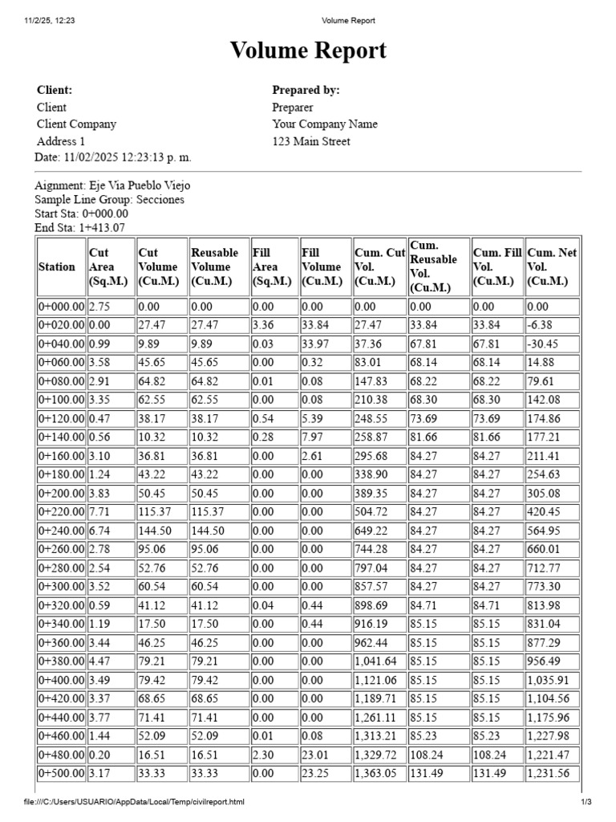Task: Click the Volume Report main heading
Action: pos(308,51)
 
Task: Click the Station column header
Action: pos(57,267)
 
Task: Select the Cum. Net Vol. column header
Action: pos(551,267)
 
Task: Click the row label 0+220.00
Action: pos(61,511)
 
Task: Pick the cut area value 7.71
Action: pos(100,511)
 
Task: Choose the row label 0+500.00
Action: pos(61,774)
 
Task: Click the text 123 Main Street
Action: pos(311,141)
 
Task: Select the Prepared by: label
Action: pos(306,90)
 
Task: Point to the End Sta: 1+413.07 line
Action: pos(80,227)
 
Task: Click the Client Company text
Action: pos(76,124)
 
